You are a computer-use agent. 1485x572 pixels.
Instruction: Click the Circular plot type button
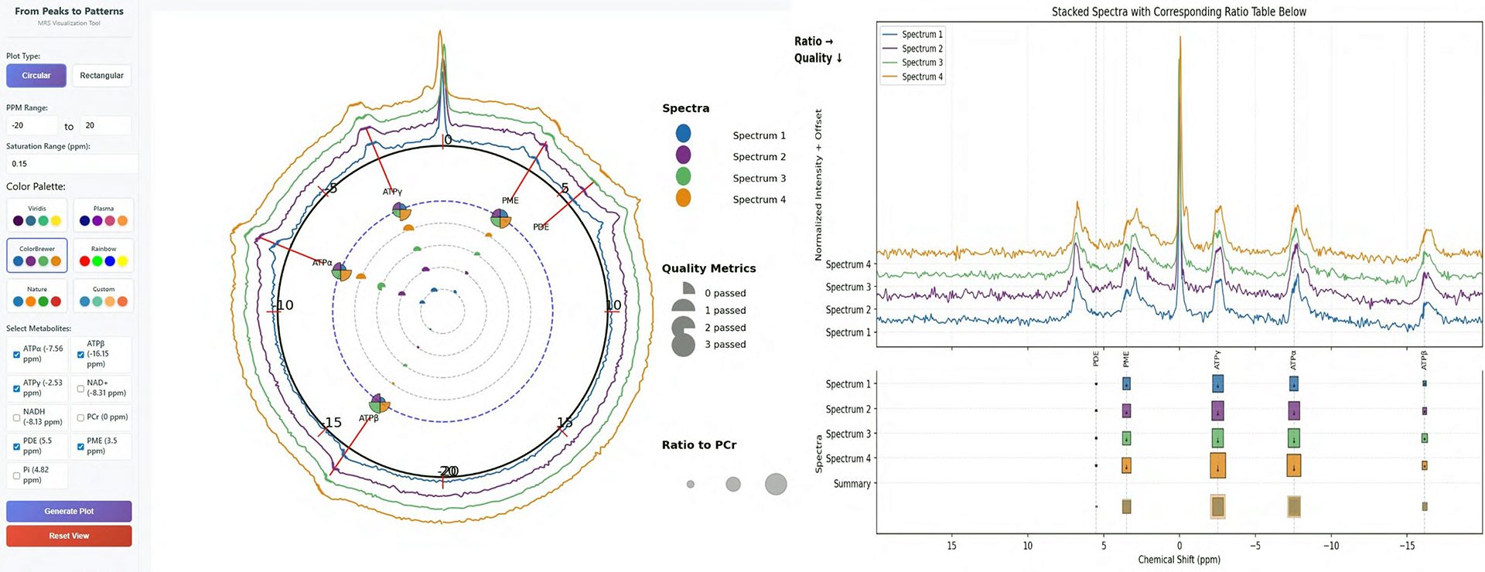[x=36, y=76]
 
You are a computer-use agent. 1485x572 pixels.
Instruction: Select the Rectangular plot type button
[x=101, y=76]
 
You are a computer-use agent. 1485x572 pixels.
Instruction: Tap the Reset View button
[x=69, y=536]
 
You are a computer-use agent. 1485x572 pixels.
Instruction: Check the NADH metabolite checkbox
[x=17, y=417]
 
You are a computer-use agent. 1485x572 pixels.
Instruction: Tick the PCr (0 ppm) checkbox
[x=80, y=417]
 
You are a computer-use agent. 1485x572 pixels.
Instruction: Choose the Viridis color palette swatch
[x=37, y=216]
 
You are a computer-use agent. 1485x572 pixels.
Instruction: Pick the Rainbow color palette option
[x=103, y=256]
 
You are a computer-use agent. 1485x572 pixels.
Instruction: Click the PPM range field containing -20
[x=31, y=125]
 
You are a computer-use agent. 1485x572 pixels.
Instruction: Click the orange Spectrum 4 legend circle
[x=683, y=199]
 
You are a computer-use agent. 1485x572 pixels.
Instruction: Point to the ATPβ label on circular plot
[x=369, y=418]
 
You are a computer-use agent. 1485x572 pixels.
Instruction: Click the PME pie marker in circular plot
[x=500, y=219]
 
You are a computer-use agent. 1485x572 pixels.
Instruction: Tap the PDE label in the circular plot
[x=541, y=227]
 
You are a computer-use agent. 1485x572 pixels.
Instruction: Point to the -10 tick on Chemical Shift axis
[x=1330, y=546]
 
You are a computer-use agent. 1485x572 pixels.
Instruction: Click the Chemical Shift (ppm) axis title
[x=1179, y=560]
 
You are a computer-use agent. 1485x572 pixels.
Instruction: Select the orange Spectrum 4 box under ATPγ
[x=1217, y=465]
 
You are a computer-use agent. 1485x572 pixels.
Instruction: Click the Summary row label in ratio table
[x=852, y=484]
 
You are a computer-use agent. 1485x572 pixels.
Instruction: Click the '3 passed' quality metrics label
[x=725, y=345]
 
